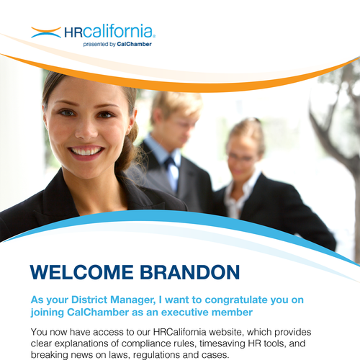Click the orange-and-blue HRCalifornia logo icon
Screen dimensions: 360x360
pos(46,32)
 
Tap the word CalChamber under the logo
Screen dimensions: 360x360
pos(134,44)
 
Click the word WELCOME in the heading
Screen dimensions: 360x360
pos(81,272)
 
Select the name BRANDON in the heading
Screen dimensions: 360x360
pos(189,272)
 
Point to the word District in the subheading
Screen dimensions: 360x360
pos(89,300)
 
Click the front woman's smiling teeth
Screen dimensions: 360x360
pos(86,151)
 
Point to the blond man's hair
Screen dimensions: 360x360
pos(176,103)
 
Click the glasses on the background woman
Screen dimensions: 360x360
pos(240,158)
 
